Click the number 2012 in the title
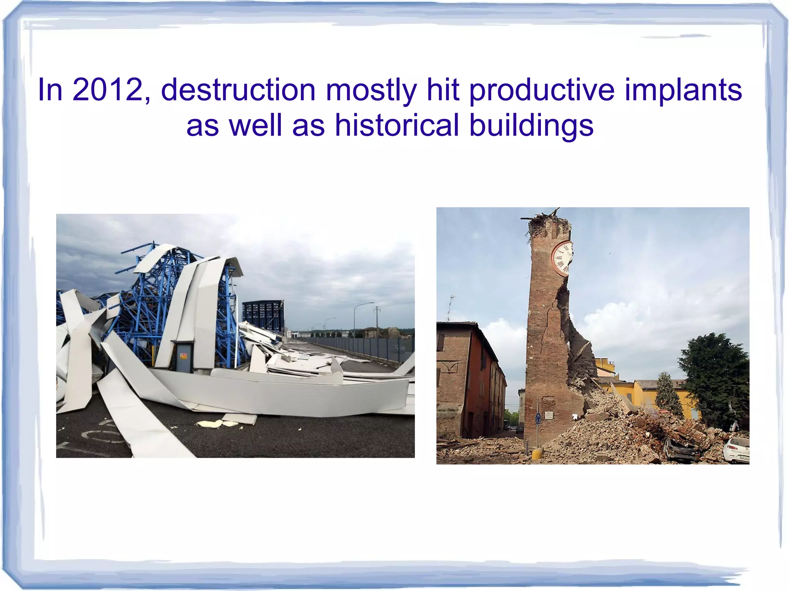pos(107,90)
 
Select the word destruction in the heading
pos(238,90)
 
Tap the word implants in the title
pos(683,90)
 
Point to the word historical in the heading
pos(397,125)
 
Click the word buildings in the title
pos(531,125)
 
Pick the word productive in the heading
pos(542,90)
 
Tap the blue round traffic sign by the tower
pos(538,418)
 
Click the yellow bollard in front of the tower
pos(536,454)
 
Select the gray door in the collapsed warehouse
pos(184,356)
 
